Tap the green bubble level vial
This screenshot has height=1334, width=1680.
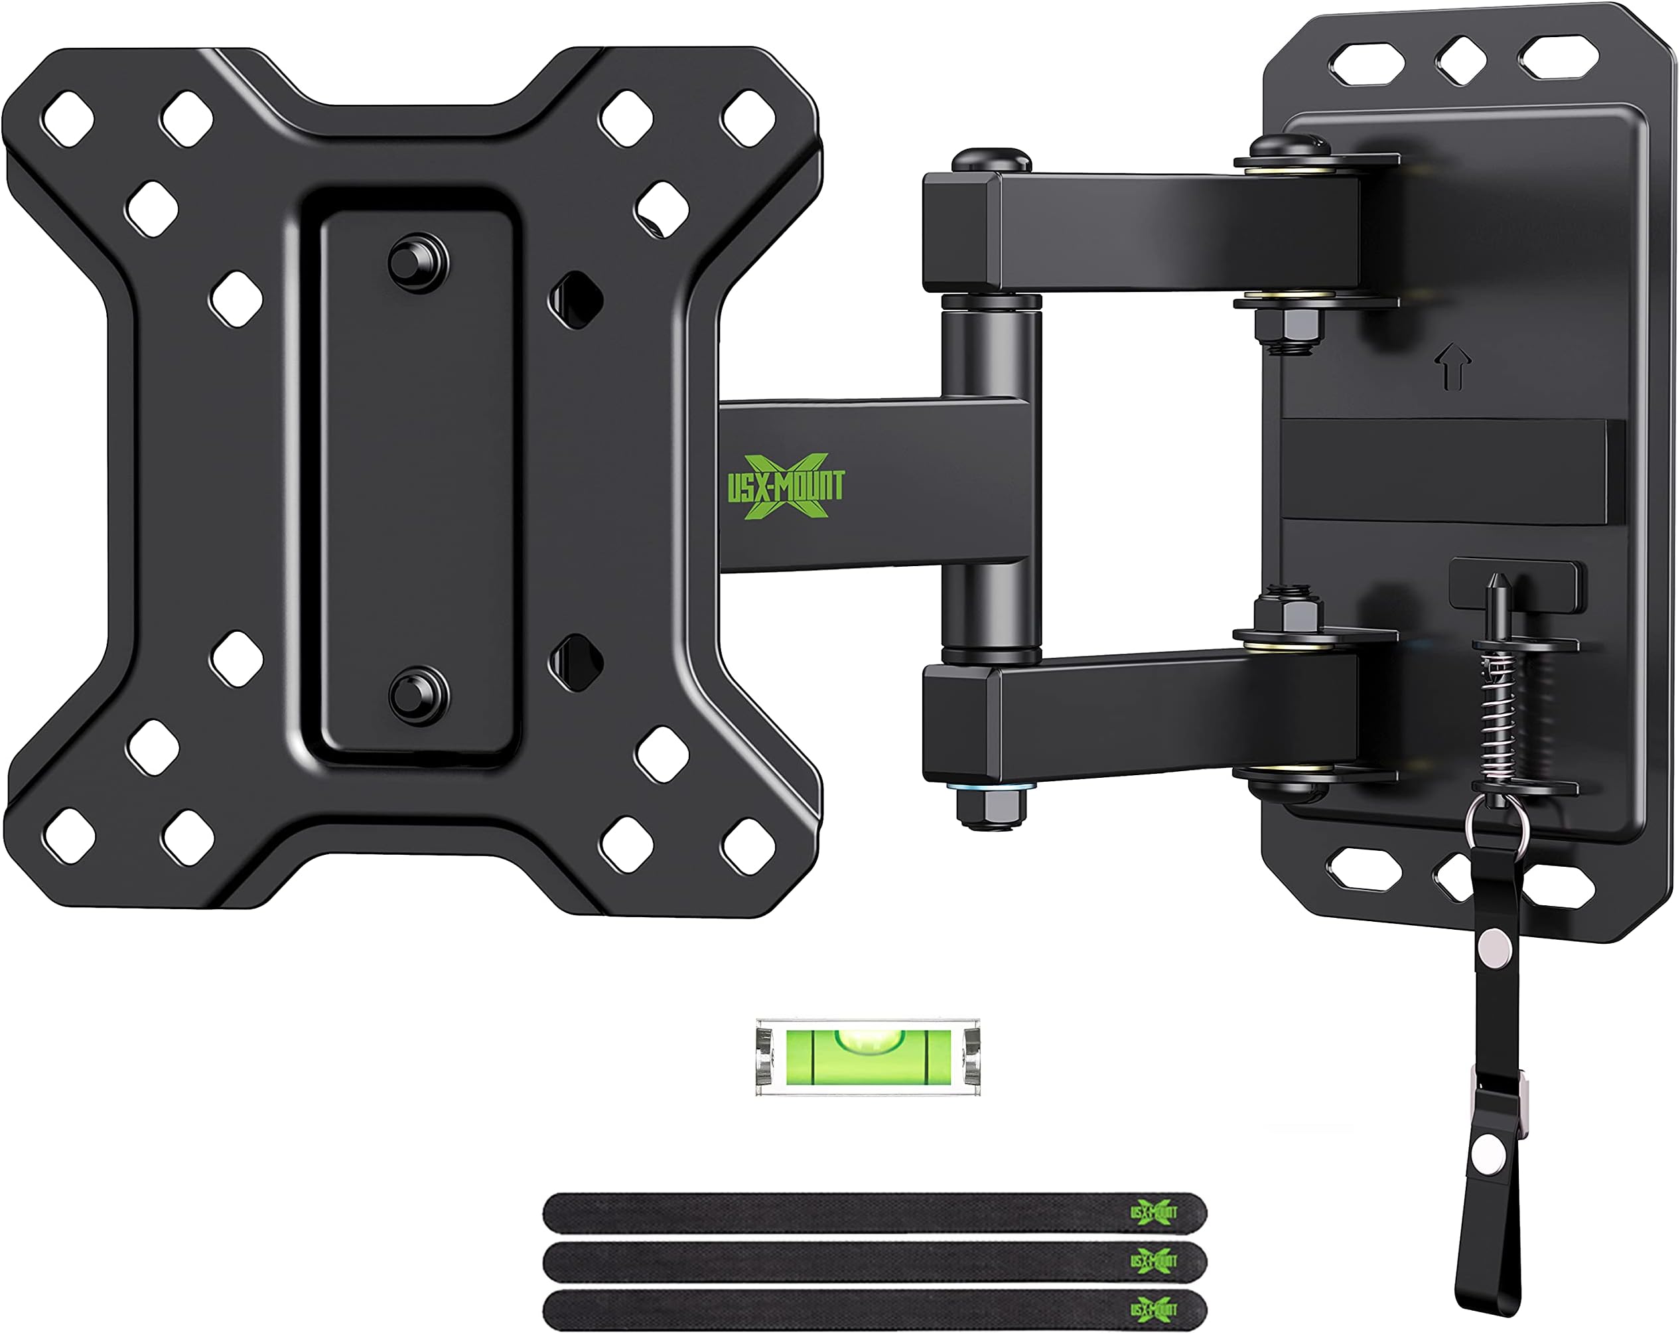coord(868,1057)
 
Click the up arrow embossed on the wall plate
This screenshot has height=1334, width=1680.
coord(1452,368)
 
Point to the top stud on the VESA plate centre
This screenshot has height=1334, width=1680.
coord(417,261)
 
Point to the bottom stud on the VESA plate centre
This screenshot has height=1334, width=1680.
coord(417,694)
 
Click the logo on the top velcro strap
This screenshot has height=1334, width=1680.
coord(1153,1212)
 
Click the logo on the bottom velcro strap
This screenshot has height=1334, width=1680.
coord(1153,1309)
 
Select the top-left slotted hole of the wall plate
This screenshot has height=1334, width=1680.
coord(1366,63)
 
